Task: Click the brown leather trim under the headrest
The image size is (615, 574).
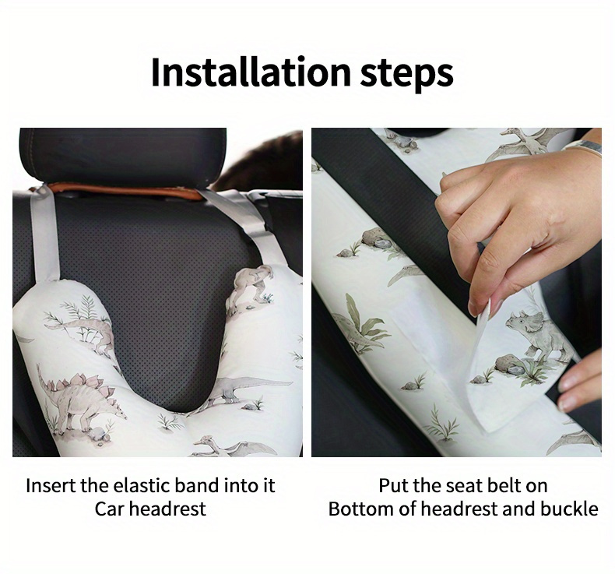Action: (x=125, y=191)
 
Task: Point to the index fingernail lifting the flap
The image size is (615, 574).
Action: (x=474, y=309)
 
